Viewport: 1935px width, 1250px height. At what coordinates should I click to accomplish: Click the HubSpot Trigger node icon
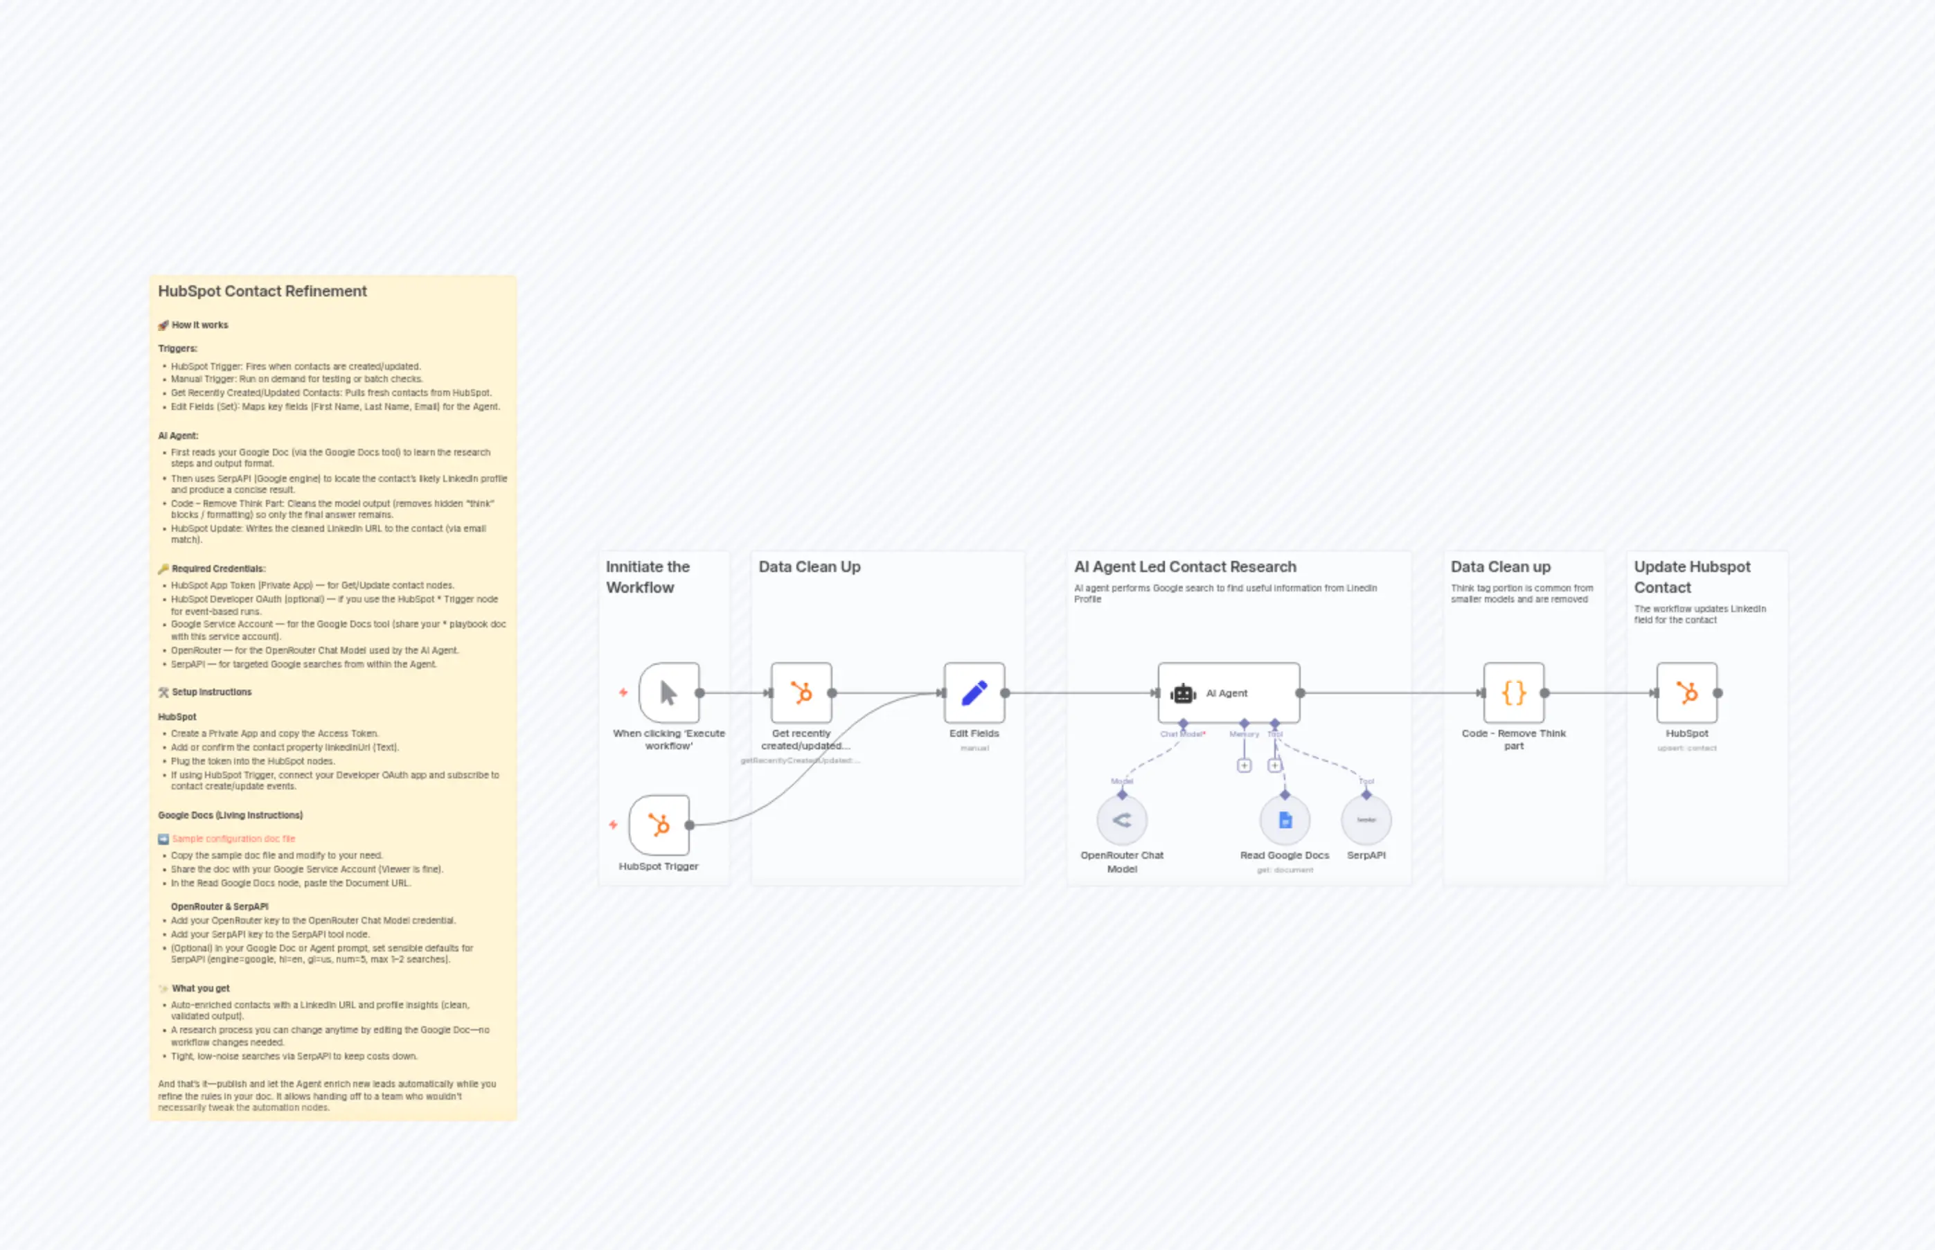click(658, 825)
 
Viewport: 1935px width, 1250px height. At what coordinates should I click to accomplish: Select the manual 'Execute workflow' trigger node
click(669, 693)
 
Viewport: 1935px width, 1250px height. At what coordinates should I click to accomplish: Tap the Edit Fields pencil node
click(974, 693)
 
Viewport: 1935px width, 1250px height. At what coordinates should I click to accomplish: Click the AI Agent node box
click(1228, 693)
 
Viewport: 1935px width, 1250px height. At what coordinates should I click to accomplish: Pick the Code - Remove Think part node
click(1514, 693)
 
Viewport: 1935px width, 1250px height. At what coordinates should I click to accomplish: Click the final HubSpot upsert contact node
click(1686, 693)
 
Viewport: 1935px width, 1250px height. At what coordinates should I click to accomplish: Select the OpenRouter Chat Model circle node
click(1122, 821)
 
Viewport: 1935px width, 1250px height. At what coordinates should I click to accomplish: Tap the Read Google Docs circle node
click(1285, 821)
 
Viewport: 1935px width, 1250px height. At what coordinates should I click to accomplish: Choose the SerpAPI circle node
click(1366, 821)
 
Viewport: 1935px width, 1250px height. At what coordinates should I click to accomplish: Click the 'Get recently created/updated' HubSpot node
click(801, 693)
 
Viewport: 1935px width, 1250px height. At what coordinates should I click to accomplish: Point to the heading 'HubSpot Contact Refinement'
click(262, 292)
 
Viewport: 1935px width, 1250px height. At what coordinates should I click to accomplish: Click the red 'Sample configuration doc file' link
click(234, 839)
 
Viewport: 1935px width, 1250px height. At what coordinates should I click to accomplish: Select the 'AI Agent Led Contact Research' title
click(1185, 566)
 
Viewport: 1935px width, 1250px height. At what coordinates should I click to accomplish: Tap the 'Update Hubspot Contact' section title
click(1691, 576)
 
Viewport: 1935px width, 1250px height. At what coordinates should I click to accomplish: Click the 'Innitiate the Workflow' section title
click(648, 576)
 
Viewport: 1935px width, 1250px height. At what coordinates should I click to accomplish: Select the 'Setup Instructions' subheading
click(211, 693)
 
